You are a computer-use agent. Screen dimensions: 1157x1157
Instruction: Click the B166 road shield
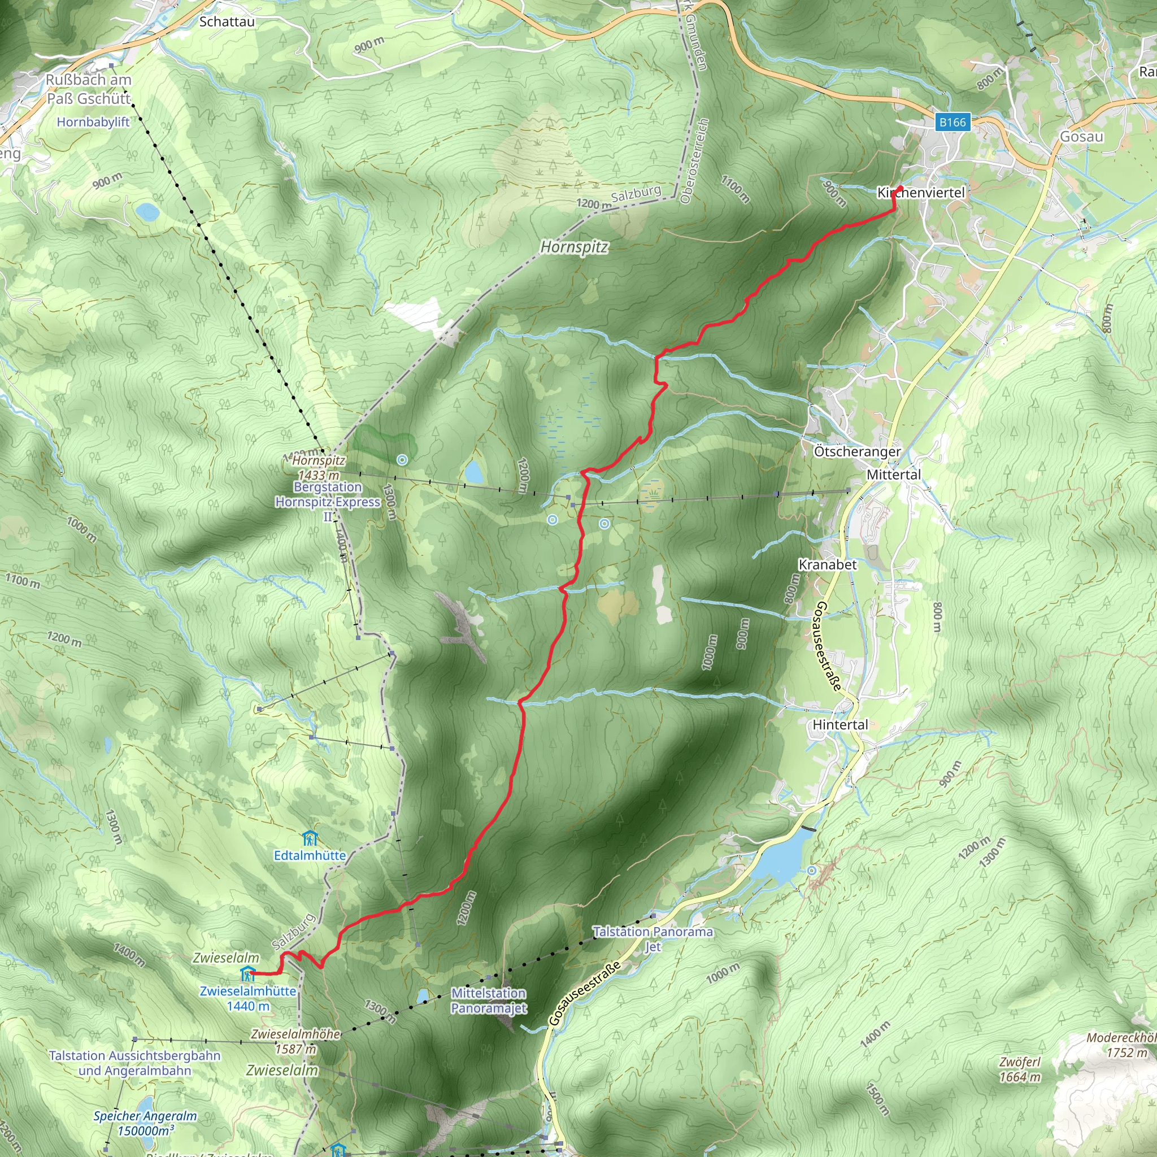pyautogui.click(x=952, y=122)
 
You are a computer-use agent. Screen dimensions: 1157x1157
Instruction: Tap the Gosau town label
pyautogui.click(x=1081, y=137)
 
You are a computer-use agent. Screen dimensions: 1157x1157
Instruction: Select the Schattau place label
pyautogui.click(x=227, y=21)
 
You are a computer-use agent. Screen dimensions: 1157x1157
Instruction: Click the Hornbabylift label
pyautogui.click(x=93, y=122)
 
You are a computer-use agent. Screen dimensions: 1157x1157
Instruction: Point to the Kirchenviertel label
pyautogui.click(x=921, y=193)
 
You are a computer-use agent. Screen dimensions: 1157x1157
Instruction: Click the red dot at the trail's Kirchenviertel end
pyautogui.click(x=899, y=189)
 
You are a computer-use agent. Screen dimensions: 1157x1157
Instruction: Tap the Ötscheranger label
pyautogui.click(x=857, y=451)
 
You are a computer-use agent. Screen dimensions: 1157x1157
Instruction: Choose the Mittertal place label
pyautogui.click(x=894, y=475)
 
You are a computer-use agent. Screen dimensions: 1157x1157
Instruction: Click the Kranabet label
pyautogui.click(x=828, y=565)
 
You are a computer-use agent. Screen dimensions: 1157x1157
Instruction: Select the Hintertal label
pyautogui.click(x=840, y=725)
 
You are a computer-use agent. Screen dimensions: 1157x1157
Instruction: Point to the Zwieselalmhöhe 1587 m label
pyautogui.click(x=296, y=1041)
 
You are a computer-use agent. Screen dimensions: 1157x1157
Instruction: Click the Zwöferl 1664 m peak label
pyautogui.click(x=1020, y=1069)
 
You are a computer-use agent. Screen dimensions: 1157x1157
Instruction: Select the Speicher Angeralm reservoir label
pyautogui.click(x=146, y=1124)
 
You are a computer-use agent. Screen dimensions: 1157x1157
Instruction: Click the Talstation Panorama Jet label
pyautogui.click(x=653, y=939)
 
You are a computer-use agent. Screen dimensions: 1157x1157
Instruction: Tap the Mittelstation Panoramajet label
pyautogui.click(x=489, y=1001)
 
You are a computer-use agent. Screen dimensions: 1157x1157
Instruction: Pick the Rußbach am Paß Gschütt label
pyautogui.click(x=89, y=89)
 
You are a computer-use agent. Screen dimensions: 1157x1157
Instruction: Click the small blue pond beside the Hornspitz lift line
pyautogui.click(x=475, y=472)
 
